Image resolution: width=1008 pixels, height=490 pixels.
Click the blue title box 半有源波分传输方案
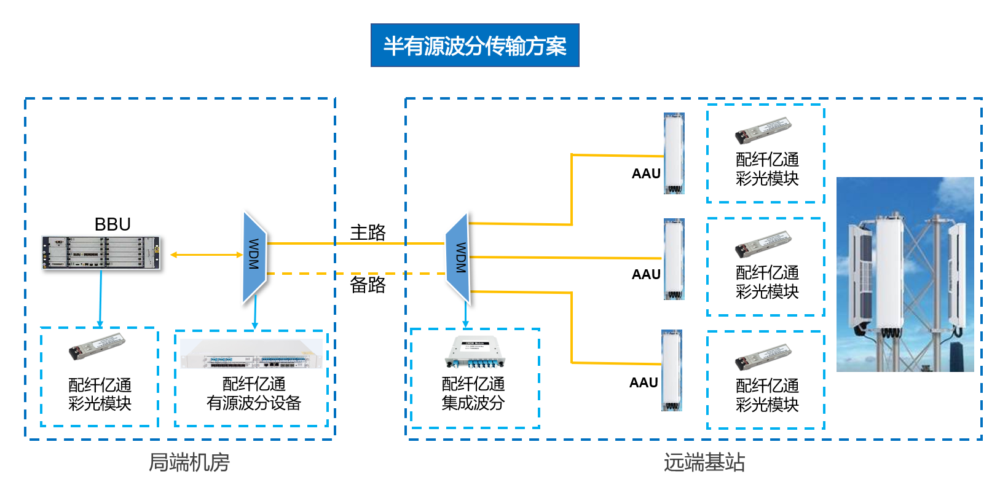(474, 45)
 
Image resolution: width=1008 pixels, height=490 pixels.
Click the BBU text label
(112, 224)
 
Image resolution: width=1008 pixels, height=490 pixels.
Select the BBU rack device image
(101, 253)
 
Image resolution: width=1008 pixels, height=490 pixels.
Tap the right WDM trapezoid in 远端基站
(459, 258)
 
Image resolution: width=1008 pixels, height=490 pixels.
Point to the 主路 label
(368, 232)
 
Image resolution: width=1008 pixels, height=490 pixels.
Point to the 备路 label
(368, 285)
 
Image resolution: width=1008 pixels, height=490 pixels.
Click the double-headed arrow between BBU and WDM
(207, 255)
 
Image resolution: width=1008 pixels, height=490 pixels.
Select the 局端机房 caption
(189, 462)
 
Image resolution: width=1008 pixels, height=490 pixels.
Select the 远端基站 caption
(704, 462)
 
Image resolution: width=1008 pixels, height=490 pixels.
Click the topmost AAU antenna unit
(674, 153)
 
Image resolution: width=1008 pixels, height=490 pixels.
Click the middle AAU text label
(646, 275)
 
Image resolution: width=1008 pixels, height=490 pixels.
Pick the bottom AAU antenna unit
(672, 370)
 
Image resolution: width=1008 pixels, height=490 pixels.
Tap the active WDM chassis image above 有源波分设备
(251, 354)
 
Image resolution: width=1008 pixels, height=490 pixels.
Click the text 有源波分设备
(253, 403)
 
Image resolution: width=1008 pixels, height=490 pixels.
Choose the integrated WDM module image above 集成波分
(474, 352)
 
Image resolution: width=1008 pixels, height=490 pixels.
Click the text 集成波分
(473, 403)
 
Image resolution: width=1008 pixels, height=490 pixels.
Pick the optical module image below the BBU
(96, 347)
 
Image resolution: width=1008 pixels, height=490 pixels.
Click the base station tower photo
(905, 274)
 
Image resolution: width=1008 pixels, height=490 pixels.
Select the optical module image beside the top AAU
(763, 130)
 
